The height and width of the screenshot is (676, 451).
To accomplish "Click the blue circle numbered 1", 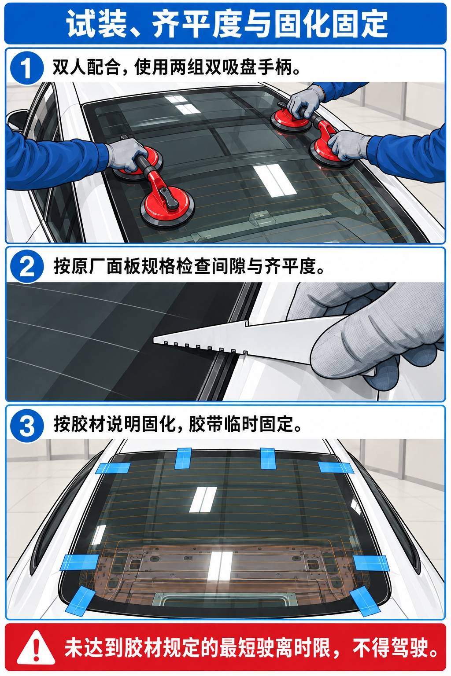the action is point(26,68).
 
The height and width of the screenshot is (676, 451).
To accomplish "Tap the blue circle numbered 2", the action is point(26,266).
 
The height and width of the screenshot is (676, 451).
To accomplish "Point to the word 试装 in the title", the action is point(96,23).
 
